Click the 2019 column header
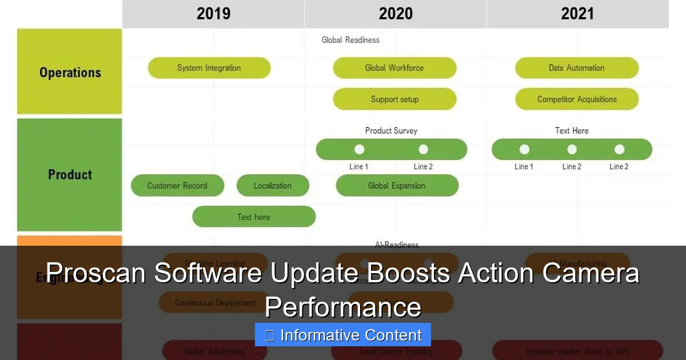pos(213,14)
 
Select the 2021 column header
pos(577,14)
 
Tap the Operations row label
pos(70,73)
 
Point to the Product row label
pos(70,174)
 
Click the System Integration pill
pos(209,68)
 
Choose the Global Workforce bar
pos(394,68)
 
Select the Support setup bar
pos(394,99)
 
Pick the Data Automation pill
pos(577,68)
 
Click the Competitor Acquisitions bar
pos(577,99)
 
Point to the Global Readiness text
pos(350,40)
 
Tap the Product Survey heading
pos(391,130)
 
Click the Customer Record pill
pos(177,186)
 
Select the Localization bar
pos(273,186)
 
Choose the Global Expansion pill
pos(397,186)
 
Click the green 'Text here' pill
pos(254,217)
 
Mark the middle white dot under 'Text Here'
pos(572,150)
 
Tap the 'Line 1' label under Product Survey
pos(359,167)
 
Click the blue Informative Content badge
pos(343,335)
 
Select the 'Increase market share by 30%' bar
pos(577,351)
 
